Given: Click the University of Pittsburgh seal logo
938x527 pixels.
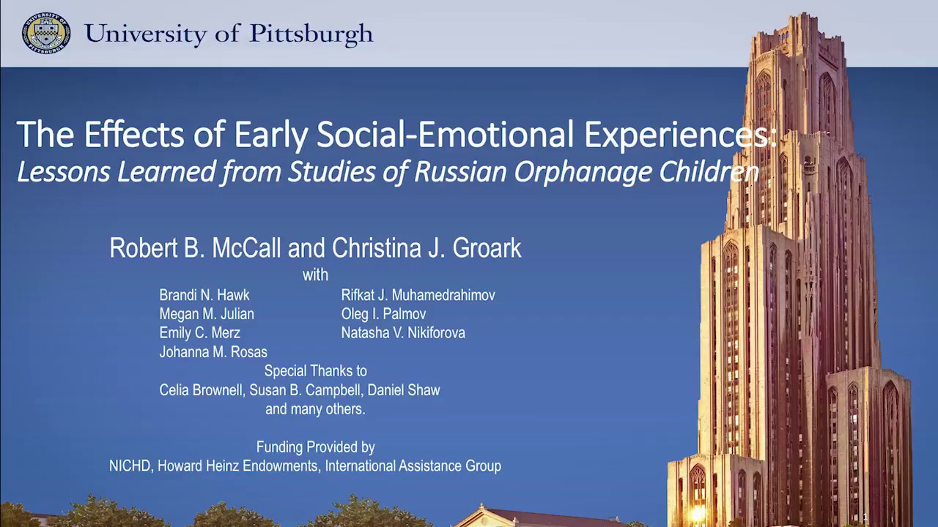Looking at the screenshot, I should tap(46, 34).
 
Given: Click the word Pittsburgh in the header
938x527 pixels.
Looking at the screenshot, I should tap(311, 34).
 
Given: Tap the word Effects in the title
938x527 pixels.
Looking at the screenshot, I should tap(134, 135).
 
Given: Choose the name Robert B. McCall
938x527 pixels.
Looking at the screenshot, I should tap(195, 248).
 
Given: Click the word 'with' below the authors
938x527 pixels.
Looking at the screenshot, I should tap(315, 275).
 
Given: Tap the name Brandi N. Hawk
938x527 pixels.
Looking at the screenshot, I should tap(204, 295).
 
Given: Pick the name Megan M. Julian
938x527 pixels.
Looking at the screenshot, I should tap(207, 314).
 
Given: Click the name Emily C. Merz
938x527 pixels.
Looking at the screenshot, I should tap(199, 333).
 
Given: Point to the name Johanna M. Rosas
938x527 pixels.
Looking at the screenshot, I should tap(213, 352).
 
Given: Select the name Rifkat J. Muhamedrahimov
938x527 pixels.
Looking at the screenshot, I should tap(418, 295).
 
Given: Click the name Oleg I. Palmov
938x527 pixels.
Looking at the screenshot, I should tap(383, 314).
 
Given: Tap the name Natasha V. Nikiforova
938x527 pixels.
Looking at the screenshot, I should tap(403, 333).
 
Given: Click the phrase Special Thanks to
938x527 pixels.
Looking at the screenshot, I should tap(315, 371).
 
